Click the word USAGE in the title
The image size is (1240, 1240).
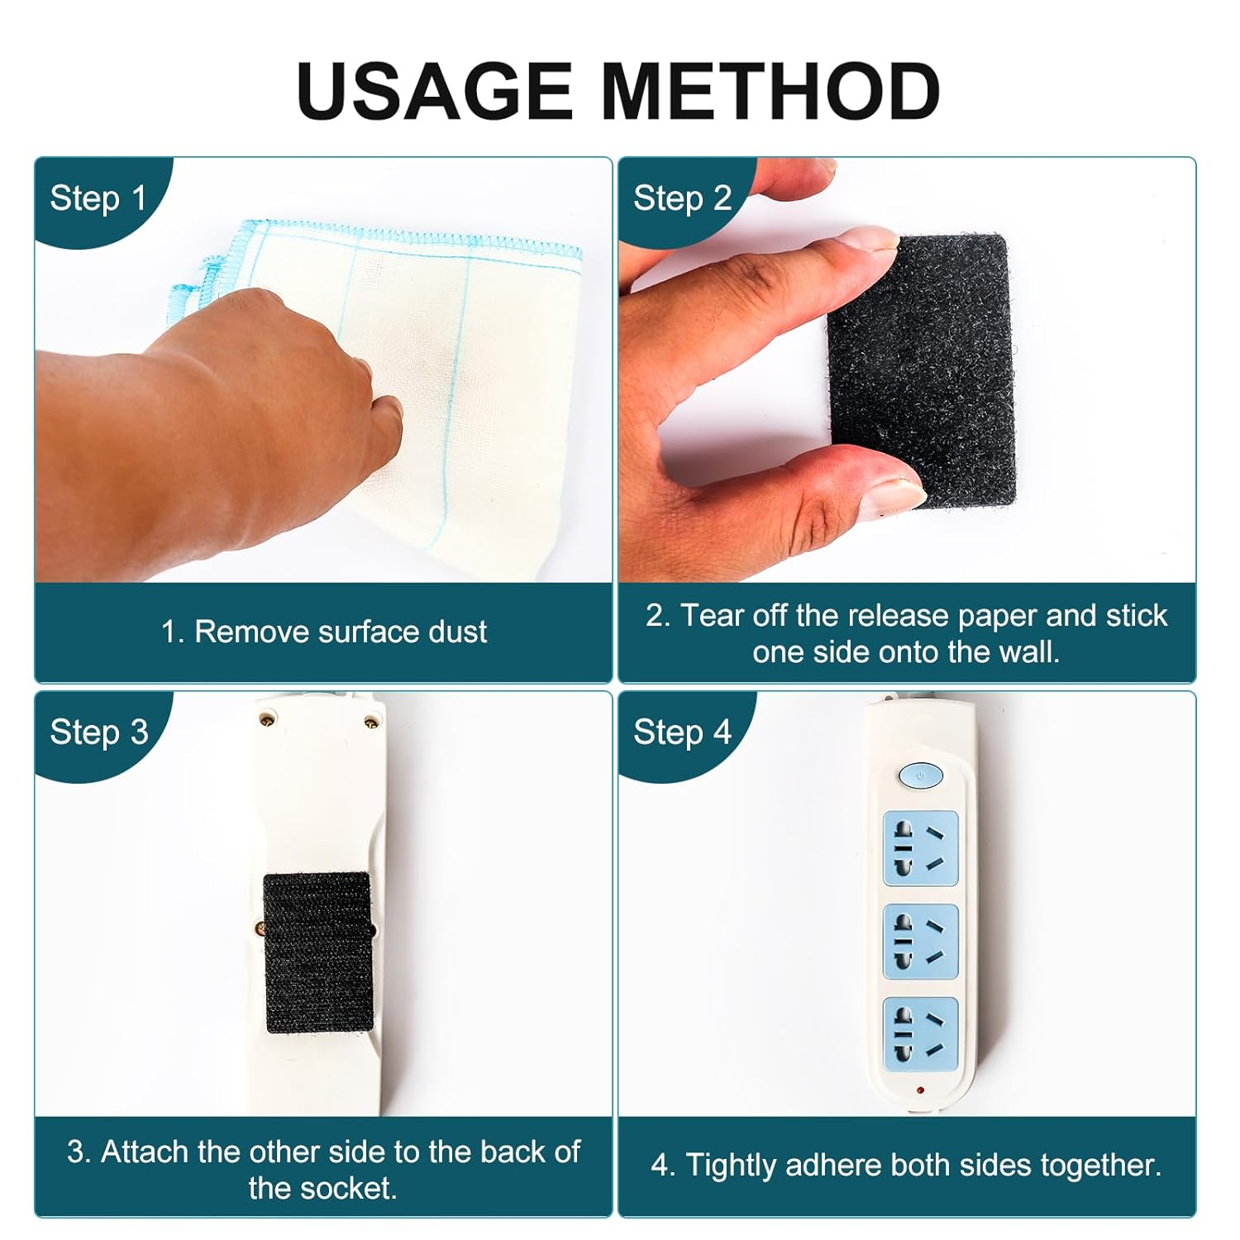click(434, 91)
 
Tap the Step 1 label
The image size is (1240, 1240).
click(98, 198)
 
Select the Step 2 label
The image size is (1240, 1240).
click(682, 198)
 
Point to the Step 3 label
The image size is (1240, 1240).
click(98, 732)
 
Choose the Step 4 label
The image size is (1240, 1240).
click(682, 732)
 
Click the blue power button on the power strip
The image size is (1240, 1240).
click(920, 775)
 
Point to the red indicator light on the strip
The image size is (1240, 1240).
click(920, 1091)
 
